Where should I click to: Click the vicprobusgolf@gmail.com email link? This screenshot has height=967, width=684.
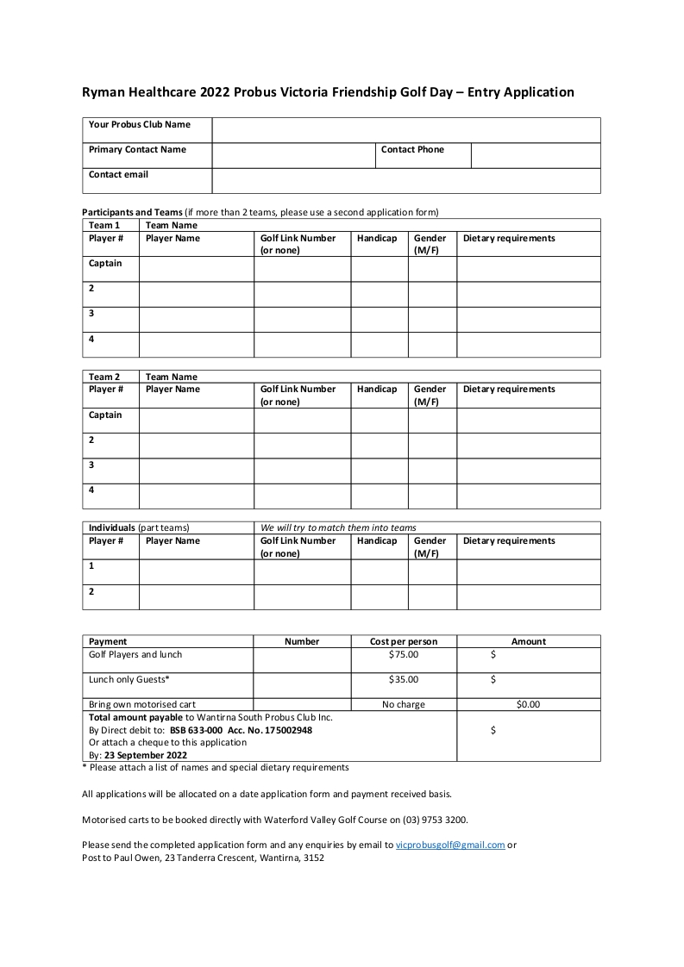449,845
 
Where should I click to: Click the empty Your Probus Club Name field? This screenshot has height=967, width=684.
405,130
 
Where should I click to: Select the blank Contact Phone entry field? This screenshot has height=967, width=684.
535,155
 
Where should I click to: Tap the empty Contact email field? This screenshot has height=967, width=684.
405,180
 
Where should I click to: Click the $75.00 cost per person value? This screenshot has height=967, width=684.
404,655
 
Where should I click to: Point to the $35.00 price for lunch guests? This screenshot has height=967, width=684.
404,680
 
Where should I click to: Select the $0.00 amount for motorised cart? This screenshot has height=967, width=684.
528,705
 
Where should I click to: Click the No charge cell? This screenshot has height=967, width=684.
404,705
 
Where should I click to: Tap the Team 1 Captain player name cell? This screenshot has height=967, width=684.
196,269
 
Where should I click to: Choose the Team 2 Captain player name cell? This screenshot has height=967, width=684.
196,420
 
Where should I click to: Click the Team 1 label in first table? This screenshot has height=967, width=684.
104,226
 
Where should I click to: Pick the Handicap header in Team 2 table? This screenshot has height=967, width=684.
377,390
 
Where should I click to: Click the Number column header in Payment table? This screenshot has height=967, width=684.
302,642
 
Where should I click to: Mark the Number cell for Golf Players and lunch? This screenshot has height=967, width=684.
302,660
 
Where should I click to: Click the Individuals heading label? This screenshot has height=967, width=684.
112,528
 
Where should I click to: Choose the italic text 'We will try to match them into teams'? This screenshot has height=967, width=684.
338,528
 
